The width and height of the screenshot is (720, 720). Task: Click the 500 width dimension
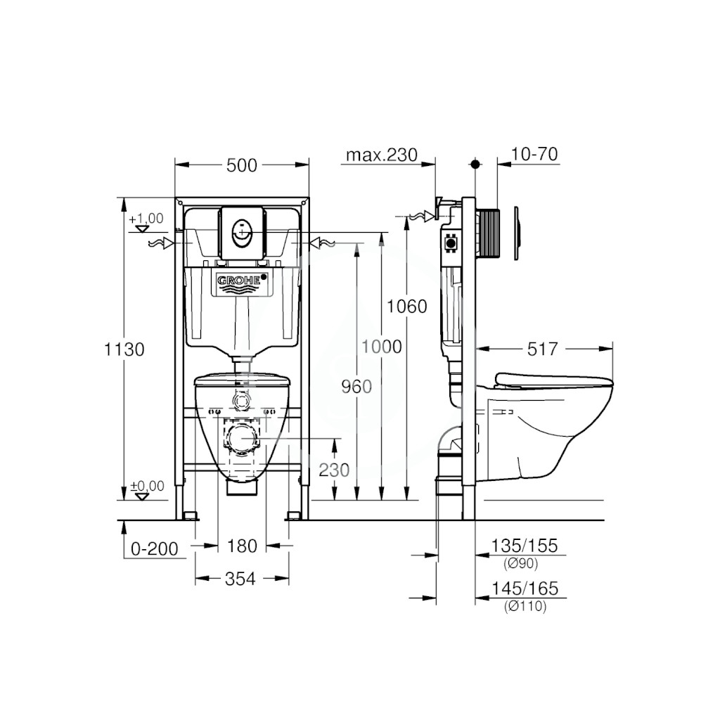pos(242,165)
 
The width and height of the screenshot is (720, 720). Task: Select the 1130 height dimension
pos(124,349)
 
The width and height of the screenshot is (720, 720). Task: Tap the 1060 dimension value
pos(407,307)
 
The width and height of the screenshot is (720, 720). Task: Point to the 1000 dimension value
pos(382,347)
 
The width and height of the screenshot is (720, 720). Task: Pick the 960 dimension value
pos(356,387)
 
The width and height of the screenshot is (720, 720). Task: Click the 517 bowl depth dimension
pos(542,349)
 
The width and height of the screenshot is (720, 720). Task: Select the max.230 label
pos(382,155)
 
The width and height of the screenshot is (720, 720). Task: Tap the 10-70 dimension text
pos(534,154)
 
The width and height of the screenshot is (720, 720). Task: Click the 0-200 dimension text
pos(154,548)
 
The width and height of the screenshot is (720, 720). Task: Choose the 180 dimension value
pos(242,546)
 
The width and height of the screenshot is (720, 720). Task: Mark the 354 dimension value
pos(240,579)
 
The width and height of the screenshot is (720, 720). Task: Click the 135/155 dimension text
pos(525,546)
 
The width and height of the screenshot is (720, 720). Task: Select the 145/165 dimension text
pos(525,589)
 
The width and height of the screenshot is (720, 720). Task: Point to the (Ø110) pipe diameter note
pos(525,607)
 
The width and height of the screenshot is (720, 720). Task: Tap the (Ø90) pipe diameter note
pos(521,563)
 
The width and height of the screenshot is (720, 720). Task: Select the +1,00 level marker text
pos(146,219)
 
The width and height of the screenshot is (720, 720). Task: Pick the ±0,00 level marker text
pos(147,486)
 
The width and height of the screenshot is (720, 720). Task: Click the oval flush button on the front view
pos(242,233)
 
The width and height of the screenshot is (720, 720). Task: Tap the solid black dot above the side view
pos(475,164)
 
